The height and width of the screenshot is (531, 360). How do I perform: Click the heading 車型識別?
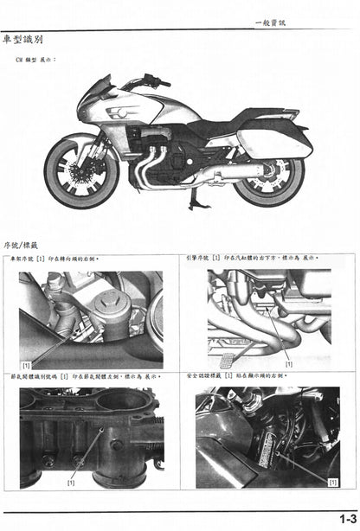pos(22,40)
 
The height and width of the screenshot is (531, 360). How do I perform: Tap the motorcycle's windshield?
pos(97,86)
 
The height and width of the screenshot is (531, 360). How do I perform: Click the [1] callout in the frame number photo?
pos(26,366)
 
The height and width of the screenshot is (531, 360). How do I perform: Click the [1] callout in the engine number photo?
pos(288,364)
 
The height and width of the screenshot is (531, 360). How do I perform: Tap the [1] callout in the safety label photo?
pos(332,478)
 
